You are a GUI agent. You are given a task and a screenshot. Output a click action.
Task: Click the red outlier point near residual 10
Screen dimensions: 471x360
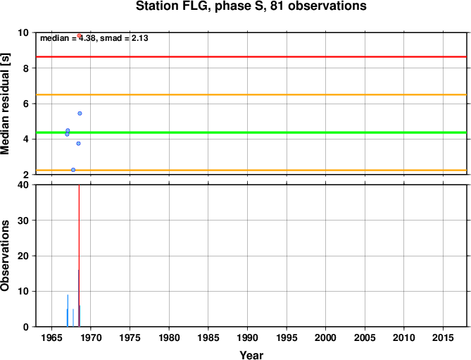[x=79, y=36]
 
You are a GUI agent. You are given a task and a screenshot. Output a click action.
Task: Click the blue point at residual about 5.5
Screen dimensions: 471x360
[x=80, y=113]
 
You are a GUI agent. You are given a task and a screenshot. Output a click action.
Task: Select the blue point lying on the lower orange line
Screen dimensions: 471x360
[x=73, y=170]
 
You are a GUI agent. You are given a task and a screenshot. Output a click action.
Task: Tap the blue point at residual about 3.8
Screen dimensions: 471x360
[x=78, y=143]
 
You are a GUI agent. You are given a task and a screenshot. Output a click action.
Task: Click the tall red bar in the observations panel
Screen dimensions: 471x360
[x=79, y=256]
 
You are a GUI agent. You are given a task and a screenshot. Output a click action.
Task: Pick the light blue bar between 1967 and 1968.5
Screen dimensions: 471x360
[x=73, y=318]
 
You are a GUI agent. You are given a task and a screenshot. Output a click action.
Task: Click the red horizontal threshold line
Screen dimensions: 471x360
[x=251, y=56]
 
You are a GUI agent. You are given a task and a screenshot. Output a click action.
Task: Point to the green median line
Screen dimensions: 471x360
[x=251, y=132]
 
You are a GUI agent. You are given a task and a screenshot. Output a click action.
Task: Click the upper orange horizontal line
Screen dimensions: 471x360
[x=251, y=94]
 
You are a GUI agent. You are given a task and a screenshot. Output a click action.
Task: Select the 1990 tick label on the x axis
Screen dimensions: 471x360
[x=247, y=337]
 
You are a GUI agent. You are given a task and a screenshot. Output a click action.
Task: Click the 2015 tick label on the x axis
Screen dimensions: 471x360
[x=443, y=337]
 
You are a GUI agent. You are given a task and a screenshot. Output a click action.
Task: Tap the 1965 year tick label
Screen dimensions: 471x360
[x=51, y=337]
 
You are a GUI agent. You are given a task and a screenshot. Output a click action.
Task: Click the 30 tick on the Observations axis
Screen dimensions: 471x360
[x=25, y=221]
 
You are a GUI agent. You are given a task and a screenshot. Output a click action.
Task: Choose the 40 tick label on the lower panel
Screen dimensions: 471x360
[x=25, y=185]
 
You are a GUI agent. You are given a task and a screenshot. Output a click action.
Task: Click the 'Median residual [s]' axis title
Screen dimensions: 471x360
[x=5, y=104]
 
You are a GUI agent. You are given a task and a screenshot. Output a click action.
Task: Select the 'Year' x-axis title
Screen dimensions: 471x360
[x=251, y=355]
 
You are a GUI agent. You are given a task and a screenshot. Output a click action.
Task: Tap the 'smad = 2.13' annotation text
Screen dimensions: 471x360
[x=124, y=38]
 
